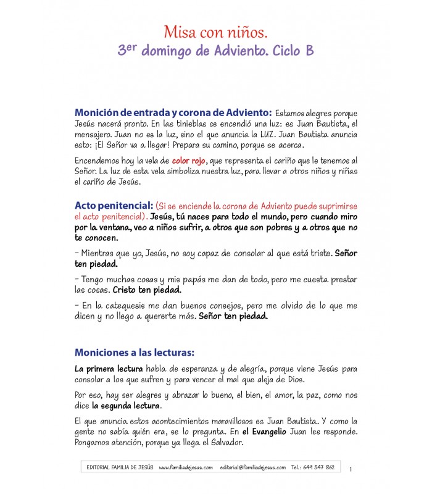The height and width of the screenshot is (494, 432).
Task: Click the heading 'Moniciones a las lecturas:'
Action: pos(134,353)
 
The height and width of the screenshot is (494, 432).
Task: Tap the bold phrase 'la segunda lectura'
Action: pos(127,406)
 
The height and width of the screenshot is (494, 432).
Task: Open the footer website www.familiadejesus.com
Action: pos(185,467)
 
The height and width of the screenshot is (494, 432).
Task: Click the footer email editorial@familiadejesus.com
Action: pos(252,467)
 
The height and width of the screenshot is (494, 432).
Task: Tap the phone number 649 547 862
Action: pos(320,467)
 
